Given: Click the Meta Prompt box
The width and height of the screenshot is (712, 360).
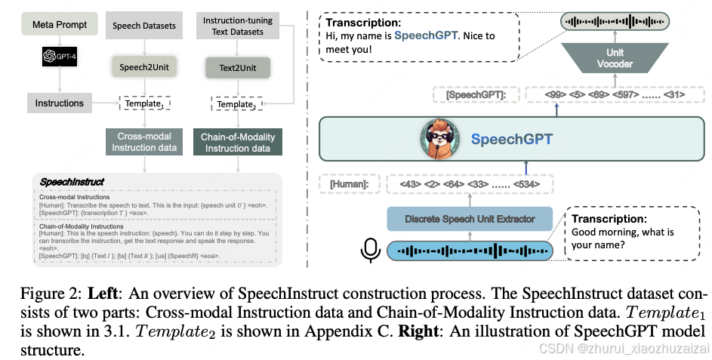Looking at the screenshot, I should point(59,25).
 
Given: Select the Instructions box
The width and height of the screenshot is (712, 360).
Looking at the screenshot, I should point(60,103).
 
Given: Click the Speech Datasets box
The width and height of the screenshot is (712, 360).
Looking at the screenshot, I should point(143,26).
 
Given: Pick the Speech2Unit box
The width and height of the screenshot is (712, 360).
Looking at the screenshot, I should point(143,67).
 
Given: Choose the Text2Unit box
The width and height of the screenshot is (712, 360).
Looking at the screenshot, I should point(238,69).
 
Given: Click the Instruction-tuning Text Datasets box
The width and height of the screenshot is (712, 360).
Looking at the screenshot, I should point(238,26).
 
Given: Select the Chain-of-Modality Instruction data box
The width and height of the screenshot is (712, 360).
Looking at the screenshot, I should point(238,142).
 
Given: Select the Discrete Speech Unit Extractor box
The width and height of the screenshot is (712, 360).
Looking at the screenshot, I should point(470,220).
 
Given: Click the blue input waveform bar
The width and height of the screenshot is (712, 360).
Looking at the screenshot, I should point(470,251).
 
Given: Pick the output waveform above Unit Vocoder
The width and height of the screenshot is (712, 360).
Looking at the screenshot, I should point(615,20).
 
